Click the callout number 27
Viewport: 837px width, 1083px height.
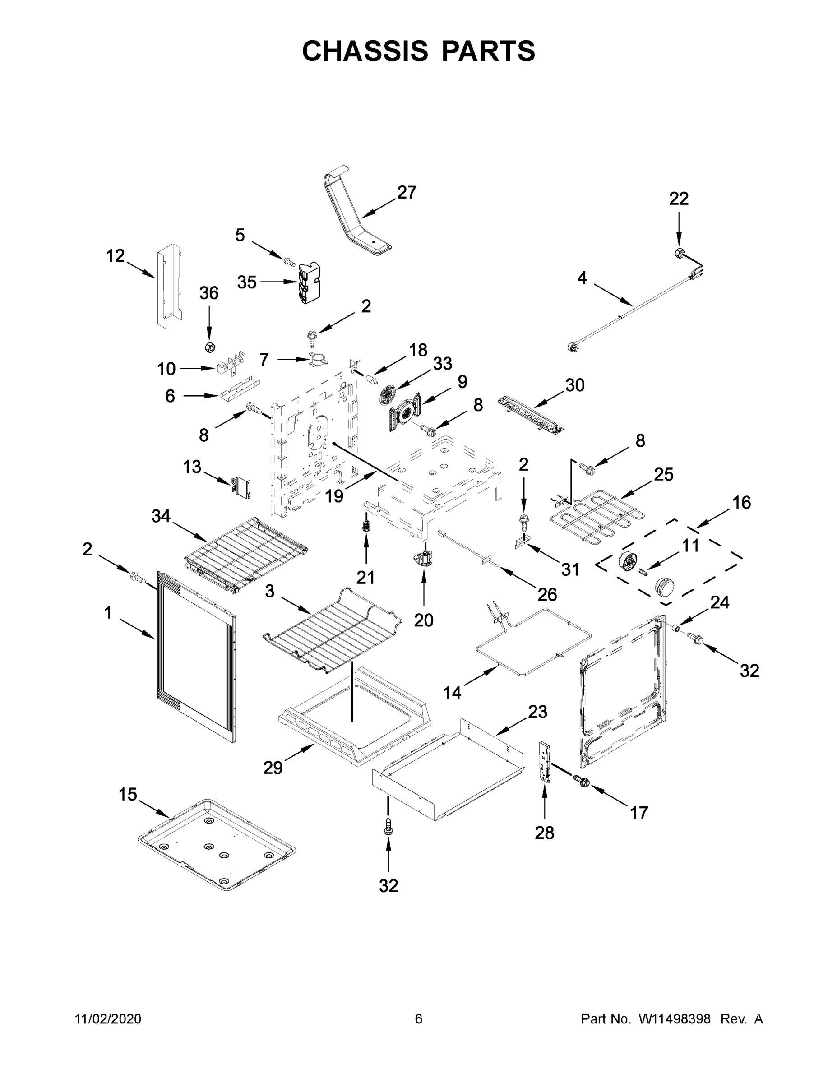[407, 192]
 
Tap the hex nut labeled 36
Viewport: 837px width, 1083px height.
[210, 347]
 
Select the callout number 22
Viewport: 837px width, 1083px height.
[679, 199]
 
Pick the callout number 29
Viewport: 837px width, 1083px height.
[273, 768]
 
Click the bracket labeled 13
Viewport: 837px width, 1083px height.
[241, 487]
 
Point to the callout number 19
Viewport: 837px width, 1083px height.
[335, 496]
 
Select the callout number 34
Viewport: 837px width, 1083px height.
[161, 517]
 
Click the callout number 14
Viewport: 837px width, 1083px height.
[452, 692]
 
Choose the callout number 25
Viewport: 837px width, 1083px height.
[663, 475]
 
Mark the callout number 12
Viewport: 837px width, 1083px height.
[116, 256]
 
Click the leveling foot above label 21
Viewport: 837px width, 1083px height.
[366, 523]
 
